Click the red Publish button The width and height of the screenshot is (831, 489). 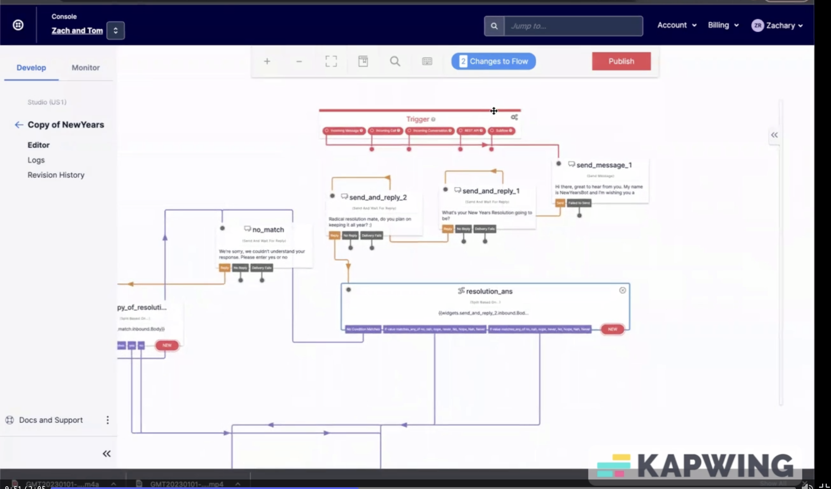click(621, 61)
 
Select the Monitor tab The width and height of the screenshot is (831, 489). click(85, 68)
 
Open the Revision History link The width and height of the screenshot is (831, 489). click(56, 175)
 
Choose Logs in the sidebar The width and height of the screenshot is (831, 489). click(36, 160)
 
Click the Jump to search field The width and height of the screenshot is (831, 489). click(573, 26)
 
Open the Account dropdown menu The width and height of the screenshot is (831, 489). click(677, 25)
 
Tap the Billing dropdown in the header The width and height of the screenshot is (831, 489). click(723, 25)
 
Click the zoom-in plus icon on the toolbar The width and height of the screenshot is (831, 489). click(267, 61)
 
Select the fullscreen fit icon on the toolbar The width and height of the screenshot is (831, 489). click(331, 61)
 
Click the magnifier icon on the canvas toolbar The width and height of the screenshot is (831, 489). click(395, 61)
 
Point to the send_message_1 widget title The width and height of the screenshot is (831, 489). click(604, 165)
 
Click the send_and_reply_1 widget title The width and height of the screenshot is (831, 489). click(490, 191)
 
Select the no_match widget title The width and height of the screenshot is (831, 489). click(268, 230)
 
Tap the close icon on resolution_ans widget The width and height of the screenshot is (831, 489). click(622, 290)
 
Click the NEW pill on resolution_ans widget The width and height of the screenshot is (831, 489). click(612, 329)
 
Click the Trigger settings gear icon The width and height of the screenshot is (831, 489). click(514, 117)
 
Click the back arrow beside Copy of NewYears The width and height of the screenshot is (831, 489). click(19, 125)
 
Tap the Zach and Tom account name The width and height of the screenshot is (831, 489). click(77, 31)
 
